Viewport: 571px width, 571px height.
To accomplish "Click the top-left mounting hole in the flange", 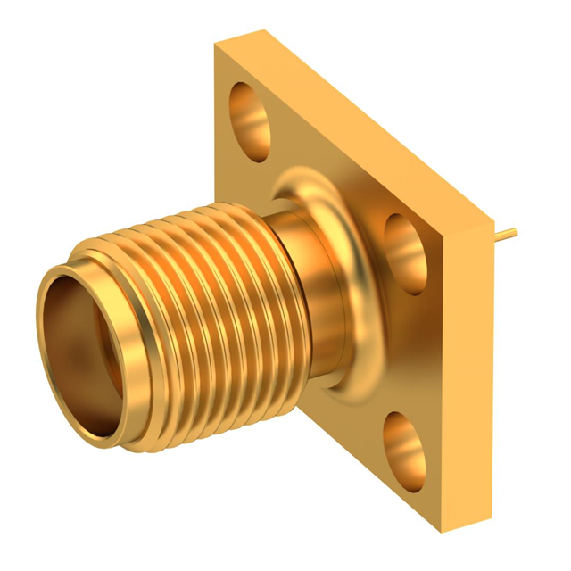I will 250,116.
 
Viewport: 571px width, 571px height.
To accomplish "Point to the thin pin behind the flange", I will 506,236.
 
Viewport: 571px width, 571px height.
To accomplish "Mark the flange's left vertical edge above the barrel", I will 215,134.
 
